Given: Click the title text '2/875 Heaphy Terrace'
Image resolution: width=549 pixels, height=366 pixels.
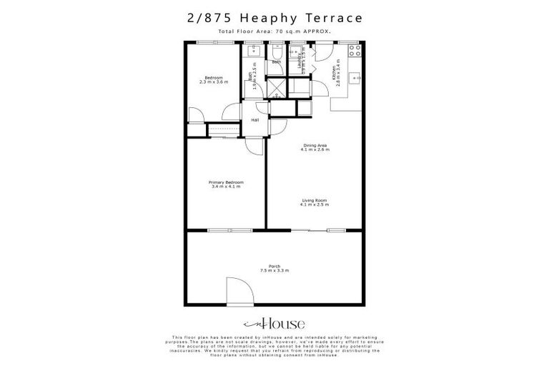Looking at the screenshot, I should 274,16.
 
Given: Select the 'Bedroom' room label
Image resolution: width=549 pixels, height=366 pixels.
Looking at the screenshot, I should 213,77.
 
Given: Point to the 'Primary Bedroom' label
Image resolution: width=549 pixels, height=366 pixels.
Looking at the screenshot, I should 226,182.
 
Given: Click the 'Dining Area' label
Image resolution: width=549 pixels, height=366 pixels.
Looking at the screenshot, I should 314,146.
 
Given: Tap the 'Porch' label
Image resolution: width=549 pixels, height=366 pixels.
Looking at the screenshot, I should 274,265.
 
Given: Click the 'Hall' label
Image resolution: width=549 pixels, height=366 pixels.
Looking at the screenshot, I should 254,120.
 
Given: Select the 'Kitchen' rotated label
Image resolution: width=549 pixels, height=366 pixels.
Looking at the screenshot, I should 334,71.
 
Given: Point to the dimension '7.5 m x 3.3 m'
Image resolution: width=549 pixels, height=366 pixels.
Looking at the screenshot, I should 274,271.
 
